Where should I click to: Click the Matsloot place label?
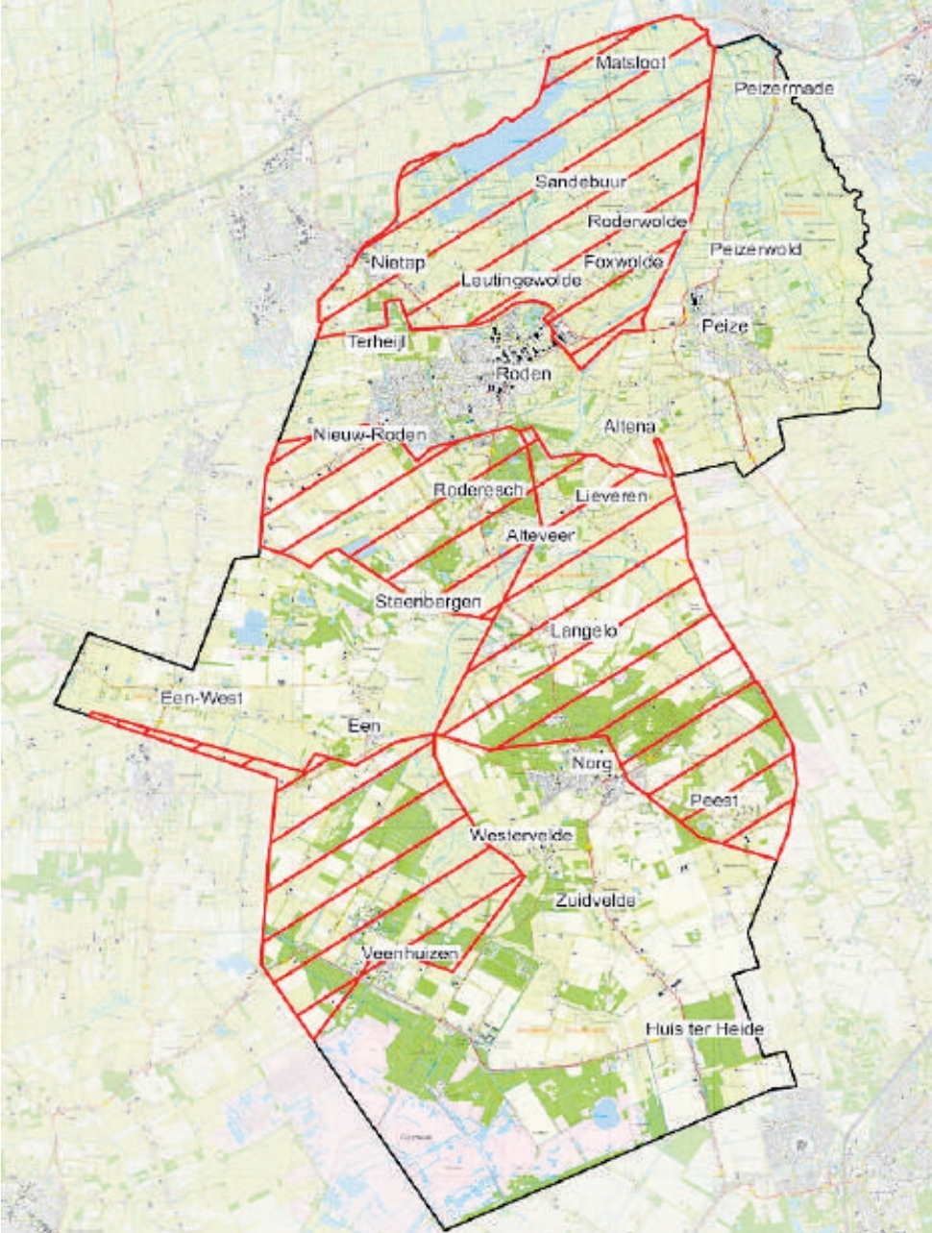pyautogui.click(x=630, y=62)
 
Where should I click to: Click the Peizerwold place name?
pyautogui.click(x=755, y=250)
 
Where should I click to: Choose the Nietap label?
pyautogui.click(x=398, y=261)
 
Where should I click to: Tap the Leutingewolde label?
pyautogui.click(x=521, y=281)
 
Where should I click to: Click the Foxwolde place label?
pyautogui.click(x=623, y=261)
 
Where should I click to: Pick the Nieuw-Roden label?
pyautogui.click(x=369, y=435)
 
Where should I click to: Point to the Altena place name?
pyautogui.click(x=629, y=426)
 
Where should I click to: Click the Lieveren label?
pyautogui.click(x=611, y=496)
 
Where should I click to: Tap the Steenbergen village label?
pyautogui.click(x=427, y=604)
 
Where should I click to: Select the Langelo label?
pyautogui.click(x=583, y=631)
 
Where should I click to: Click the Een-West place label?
pyautogui.click(x=202, y=699)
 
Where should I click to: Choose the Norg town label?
pyautogui.click(x=592, y=762)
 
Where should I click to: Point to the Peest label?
pyautogui.click(x=713, y=801)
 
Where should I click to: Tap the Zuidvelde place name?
pyautogui.click(x=596, y=900)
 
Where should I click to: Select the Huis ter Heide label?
pyautogui.click(x=705, y=1029)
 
